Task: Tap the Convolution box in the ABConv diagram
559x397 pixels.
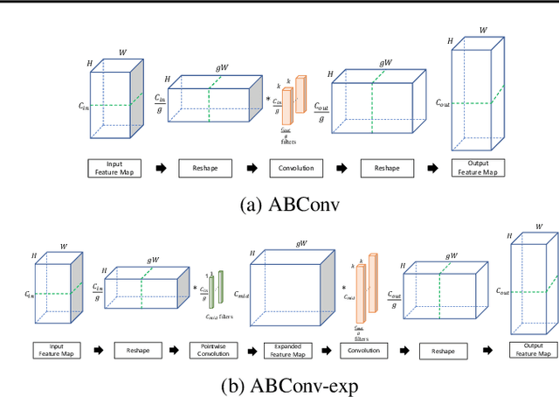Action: click(296, 167)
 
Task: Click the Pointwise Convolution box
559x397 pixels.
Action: click(210, 349)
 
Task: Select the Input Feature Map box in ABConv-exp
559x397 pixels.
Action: click(59, 349)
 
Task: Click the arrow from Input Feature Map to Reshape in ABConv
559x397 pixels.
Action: click(159, 167)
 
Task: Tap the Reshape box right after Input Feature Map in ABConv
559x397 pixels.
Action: click(209, 167)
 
